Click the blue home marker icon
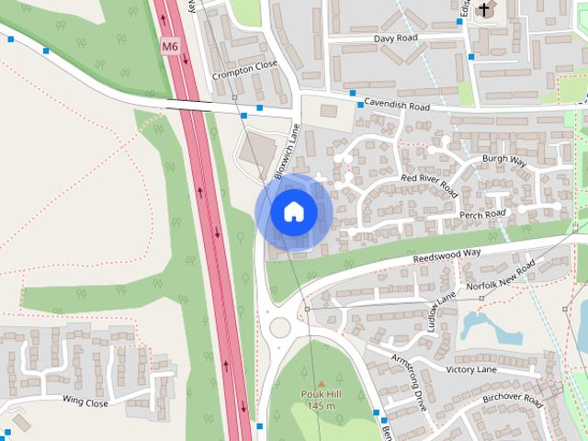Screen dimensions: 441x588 (x=293, y=211)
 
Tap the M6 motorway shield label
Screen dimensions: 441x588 (x=169, y=46)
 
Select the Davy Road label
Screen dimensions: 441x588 (x=396, y=40)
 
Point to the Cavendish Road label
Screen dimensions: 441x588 (x=397, y=106)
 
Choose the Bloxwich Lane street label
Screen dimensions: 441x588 (x=288, y=150)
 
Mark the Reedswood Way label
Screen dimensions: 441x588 (x=447, y=254)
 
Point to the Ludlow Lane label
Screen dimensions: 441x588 (x=441, y=310)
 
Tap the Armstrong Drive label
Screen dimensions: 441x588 (x=409, y=380)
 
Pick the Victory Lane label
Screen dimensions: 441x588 (x=471, y=368)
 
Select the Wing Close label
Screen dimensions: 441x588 (x=85, y=402)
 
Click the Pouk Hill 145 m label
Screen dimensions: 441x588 (x=321, y=400)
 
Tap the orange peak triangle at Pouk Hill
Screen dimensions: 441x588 (x=321, y=381)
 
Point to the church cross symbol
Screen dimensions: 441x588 (x=484, y=9)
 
